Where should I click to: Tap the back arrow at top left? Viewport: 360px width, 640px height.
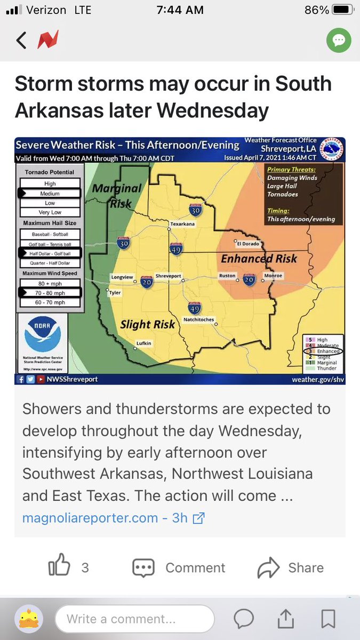click(x=21, y=41)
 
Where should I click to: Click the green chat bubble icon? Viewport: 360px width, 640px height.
click(x=339, y=41)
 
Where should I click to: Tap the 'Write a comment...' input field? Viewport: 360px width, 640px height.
click(x=134, y=619)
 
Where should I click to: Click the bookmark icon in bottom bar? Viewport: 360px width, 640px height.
click(x=328, y=619)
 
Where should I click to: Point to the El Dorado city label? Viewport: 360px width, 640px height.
click(x=247, y=243)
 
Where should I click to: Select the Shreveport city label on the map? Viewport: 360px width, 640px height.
click(x=168, y=276)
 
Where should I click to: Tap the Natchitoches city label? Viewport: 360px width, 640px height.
click(x=198, y=319)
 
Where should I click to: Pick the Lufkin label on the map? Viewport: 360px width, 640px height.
click(x=143, y=343)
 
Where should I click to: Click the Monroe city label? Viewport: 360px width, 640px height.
click(x=273, y=276)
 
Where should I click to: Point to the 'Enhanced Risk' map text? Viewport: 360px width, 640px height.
click(x=259, y=259)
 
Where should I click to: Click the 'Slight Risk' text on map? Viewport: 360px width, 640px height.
click(x=147, y=324)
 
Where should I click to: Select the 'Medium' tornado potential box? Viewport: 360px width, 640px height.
click(x=49, y=194)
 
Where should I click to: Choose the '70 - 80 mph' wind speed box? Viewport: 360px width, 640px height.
click(x=49, y=292)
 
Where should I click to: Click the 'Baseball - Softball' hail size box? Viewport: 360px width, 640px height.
click(x=49, y=234)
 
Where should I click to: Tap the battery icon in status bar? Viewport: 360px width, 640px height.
click(x=342, y=10)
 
